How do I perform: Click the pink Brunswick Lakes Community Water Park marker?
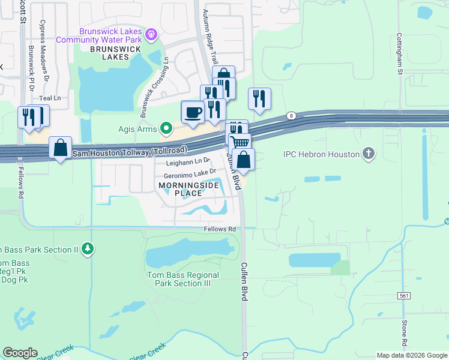152,33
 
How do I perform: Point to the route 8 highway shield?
291,115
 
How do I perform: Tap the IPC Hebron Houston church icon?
369,154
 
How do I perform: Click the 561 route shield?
403,296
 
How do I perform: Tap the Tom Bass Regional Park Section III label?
183,279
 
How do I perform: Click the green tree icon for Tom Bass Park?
88,248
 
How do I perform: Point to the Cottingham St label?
399,54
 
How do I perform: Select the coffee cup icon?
193,112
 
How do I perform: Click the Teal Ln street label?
50,98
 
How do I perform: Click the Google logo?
20,353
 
